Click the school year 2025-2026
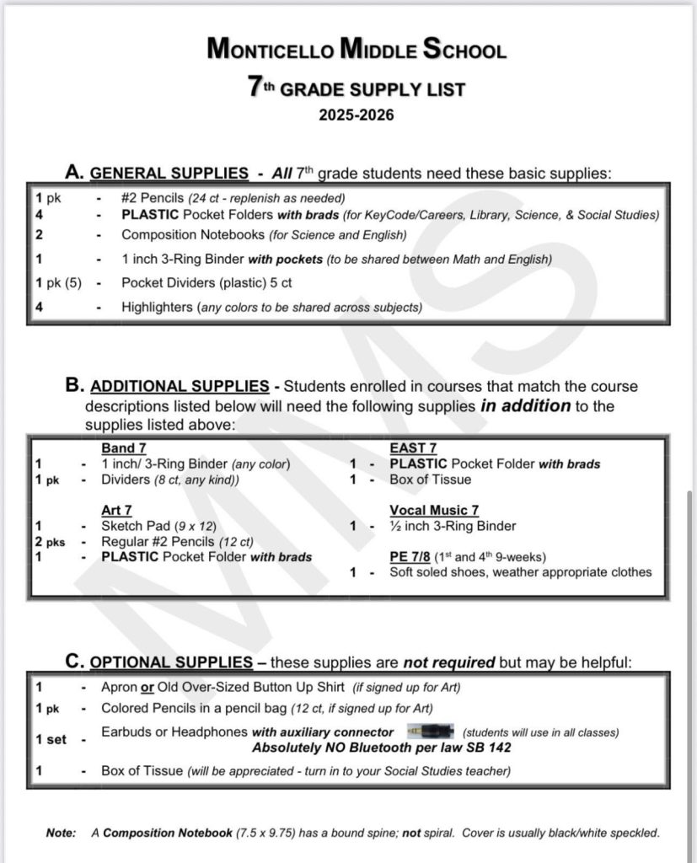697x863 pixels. point(356,115)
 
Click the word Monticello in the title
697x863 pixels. point(269,50)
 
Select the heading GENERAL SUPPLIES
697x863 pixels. point(169,174)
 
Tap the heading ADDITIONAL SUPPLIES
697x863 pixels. point(180,386)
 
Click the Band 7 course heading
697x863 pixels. point(124,448)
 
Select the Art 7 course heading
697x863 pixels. point(116,510)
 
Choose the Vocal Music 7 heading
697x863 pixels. point(434,510)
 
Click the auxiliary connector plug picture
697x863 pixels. point(430,731)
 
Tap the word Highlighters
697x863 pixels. point(157,307)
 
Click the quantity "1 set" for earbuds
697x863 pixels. point(51,739)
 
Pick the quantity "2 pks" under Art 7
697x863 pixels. point(50,541)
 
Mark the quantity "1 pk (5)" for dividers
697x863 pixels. point(58,283)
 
